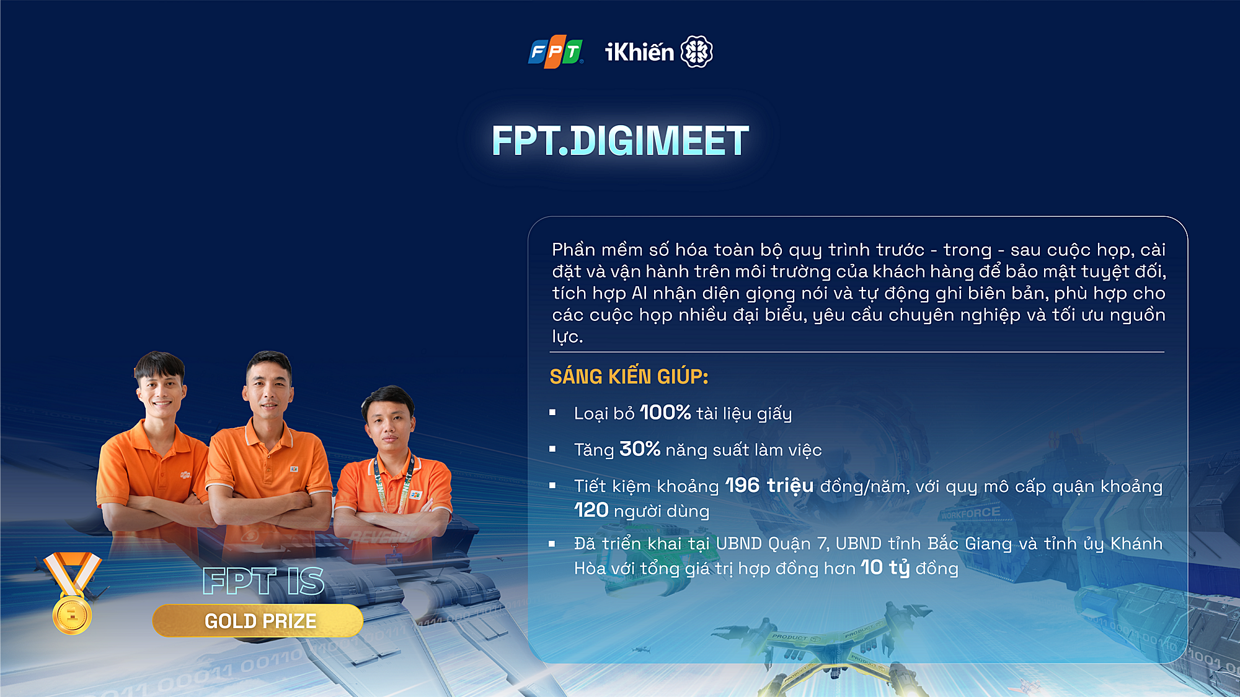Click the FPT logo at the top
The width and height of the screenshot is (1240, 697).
[556, 51]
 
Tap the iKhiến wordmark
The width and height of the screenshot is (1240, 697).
[639, 52]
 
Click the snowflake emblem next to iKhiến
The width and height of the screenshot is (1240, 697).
[697, 51]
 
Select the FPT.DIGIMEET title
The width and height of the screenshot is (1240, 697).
[620, 141]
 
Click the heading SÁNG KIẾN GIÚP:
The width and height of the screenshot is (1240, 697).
[629, 377]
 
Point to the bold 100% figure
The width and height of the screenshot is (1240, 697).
[665, 413]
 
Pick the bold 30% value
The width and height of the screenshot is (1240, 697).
[640, 449]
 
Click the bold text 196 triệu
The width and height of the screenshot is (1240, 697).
[769, 486]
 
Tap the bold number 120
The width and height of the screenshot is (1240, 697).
[591, 511]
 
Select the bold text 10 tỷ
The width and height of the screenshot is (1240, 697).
[885, 568]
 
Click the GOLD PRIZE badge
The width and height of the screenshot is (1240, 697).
[258, 621]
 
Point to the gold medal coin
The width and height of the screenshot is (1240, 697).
[72, 615]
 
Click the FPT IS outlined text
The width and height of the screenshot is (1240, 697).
[263, 581]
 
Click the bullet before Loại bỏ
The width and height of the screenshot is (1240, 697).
[552, 413]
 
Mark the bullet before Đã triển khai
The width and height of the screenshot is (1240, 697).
[552, 544]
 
